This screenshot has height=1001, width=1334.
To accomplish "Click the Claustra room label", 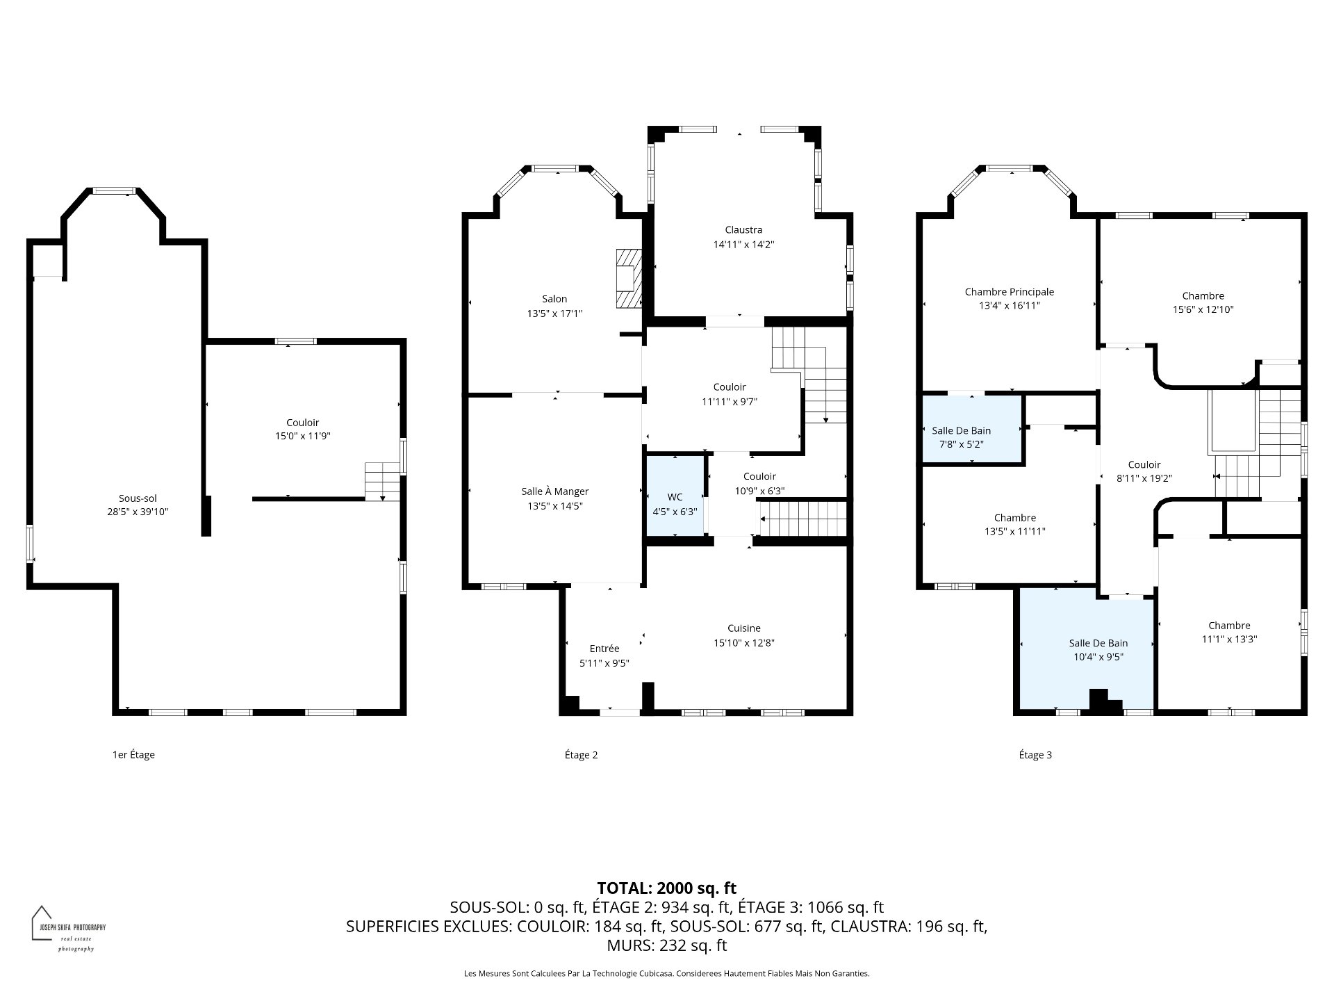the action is pyautogui.click(x=743, y=230).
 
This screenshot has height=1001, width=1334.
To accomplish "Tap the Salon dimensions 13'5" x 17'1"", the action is pyautogui.click(x=554, y=314).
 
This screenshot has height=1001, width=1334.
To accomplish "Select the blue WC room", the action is pyautogui.click(x=675, y=496).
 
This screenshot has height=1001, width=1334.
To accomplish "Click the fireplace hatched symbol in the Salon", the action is pyautogui.click(x=628, y=278).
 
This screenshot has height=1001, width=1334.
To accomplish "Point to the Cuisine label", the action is pyautogui.click(x=744, y=628).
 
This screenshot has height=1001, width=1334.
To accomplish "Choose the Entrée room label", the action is pyautogui.click(x=604, y=649).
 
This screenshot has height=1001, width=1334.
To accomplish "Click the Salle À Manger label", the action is pyautogui.click(x=555, y=491).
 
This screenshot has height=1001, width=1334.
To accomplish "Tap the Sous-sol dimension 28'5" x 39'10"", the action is pyautogui.click(x=138, y=512).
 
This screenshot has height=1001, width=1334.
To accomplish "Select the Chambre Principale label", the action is pyautogui.click(x=1010, y=292).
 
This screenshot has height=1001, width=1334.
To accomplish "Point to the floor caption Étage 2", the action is pyautogui.click(x=581, y=755).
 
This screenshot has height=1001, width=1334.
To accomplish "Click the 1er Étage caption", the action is pyautogui.click(x=133, y=755).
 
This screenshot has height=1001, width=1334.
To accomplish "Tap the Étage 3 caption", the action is pyautogui.click(x=1035, y=755).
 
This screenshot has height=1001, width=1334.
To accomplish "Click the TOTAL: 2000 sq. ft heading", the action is pyautogui.click(x=667, y=888).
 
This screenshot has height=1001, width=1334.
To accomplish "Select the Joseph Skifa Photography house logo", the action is pyautogui.click(x=42, y=922).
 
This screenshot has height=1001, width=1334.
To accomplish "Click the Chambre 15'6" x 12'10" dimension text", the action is pyautogui.click(x=1203, y=310).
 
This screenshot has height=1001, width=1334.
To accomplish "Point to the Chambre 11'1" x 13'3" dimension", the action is pyautogui.click(x=1229, y=640).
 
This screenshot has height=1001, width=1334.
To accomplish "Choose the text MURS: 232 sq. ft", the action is pyautogui.click(x=667, y=945).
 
